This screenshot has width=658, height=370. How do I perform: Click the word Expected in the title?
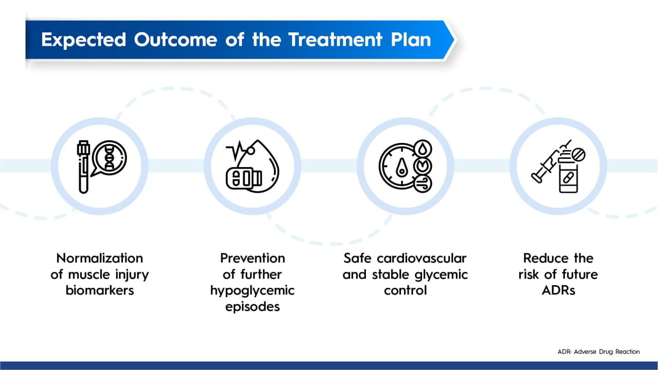coord(84,40)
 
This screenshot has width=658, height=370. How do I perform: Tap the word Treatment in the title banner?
coord(335,40)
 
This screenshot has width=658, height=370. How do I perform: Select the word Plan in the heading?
coord(411,40)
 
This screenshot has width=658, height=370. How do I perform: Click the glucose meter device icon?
coord(244,178)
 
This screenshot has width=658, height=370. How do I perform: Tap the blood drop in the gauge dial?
coord(401,168)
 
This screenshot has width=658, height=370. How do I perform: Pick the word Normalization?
coord(100,258)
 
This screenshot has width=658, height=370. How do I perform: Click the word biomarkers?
coord(100,290)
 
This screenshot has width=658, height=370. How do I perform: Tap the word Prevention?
coord(252,258)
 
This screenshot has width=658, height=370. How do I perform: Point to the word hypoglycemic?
coord(252,291)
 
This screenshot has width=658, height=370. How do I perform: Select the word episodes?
coord(252,307)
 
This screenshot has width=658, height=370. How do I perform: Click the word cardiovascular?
coord(422,258)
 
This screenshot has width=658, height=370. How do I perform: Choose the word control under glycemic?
coord(406,290)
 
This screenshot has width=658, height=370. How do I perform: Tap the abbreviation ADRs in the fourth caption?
coord(558,290)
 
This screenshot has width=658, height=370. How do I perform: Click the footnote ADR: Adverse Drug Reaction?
coord(599,351)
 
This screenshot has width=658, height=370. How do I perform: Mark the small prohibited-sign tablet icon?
coord(578,155)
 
